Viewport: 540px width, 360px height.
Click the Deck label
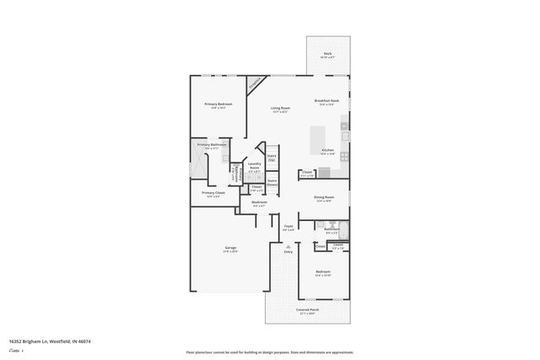[327, 54]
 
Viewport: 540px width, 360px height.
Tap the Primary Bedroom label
[219, 105]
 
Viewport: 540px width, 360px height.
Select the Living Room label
[280, 108]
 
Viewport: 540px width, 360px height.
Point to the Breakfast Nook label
[327, 100]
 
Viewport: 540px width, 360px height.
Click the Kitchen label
[327, 152]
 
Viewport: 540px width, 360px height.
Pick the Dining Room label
[324, 197]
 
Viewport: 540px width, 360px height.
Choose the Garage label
[229, 248]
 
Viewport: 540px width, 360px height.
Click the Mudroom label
[259, 202]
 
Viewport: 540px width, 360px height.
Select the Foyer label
[288, 226]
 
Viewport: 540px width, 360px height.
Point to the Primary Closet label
[213, 193]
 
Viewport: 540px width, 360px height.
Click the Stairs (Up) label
[272, 157]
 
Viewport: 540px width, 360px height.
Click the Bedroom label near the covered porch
[322, 273]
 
